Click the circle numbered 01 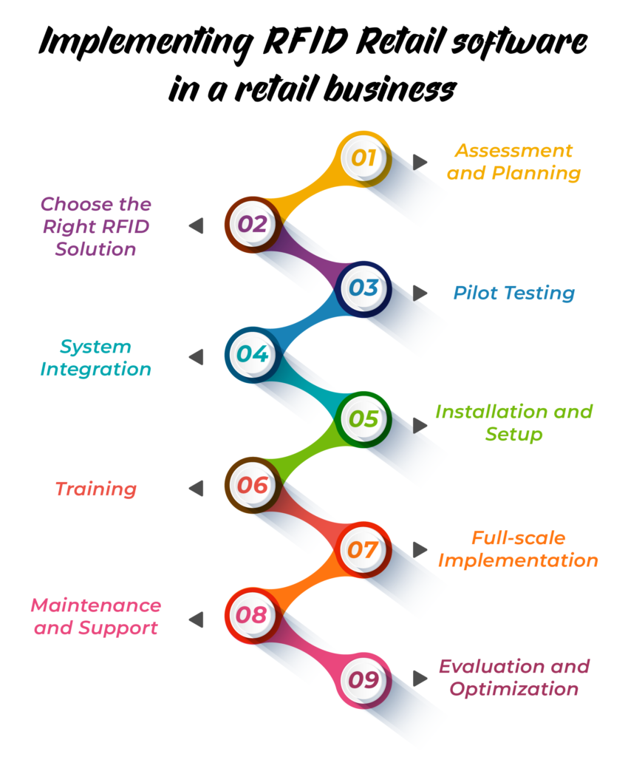click(x=364, y=158)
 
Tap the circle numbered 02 click(x=252, y=224)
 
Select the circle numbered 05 click(x=364, y=420)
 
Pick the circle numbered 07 click(x=364, y=550)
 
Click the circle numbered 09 click(x=364, y=679)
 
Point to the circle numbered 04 click(x=252, y=354)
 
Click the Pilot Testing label click(x=513, y=293)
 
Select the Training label click(x=96, y=489)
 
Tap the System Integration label click(x=96, y=358)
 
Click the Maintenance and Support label click(x=96, y=617)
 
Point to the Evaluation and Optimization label click(x=514, y=678)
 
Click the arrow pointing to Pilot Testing click(x=420, y=293)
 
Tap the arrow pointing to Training click(x=196, y=489)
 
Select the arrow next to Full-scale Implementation click(x=420, y=549)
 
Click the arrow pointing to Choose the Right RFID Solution click(x=196, y=226)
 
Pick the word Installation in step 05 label click(x=484, y=411)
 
